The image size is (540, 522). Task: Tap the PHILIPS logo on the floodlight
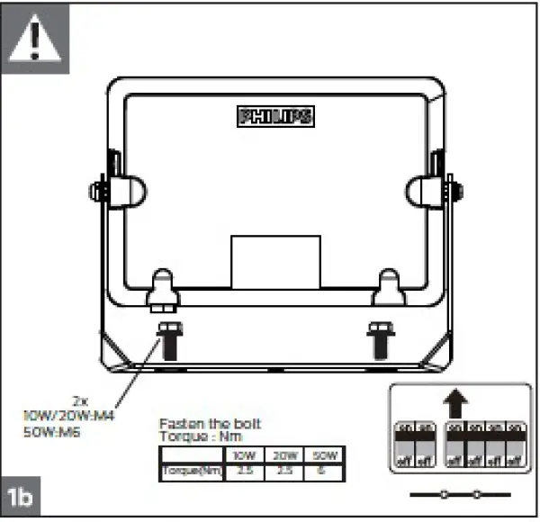tap(275, 116)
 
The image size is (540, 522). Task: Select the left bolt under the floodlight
tap(167, 339)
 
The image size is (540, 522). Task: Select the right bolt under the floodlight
tap(380, 339)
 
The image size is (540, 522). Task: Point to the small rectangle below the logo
tap(275, 262)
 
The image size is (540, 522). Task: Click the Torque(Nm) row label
tap(190, 471)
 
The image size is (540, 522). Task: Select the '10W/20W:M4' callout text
tap(66, 416)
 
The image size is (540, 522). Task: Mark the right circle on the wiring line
tap(478, 494)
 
